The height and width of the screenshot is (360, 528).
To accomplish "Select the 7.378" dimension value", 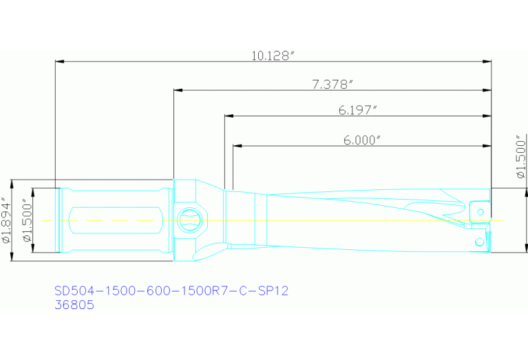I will pyautogui.click(x=332, y=84).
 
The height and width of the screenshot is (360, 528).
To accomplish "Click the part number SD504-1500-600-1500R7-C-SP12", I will pyautogui.click(x=171, y=290).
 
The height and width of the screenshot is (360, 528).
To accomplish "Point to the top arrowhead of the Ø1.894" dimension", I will pyautogui.click(x=12, y=184).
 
